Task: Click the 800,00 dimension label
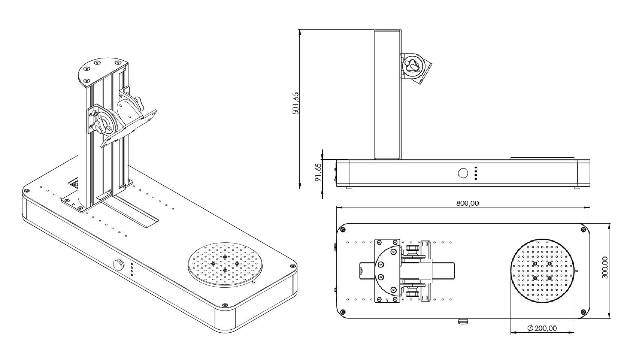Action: click(467, 203)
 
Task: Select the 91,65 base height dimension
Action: click(318, 172)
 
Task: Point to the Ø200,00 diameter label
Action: click(542, 328)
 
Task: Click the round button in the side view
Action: click(463, 173)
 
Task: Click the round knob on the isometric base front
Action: click(119, 265)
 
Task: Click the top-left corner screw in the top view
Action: click(342, 229)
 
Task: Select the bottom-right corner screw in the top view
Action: click(583, 312)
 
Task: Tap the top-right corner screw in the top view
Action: click(583, 230)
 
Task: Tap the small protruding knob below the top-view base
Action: click(463, 321)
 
